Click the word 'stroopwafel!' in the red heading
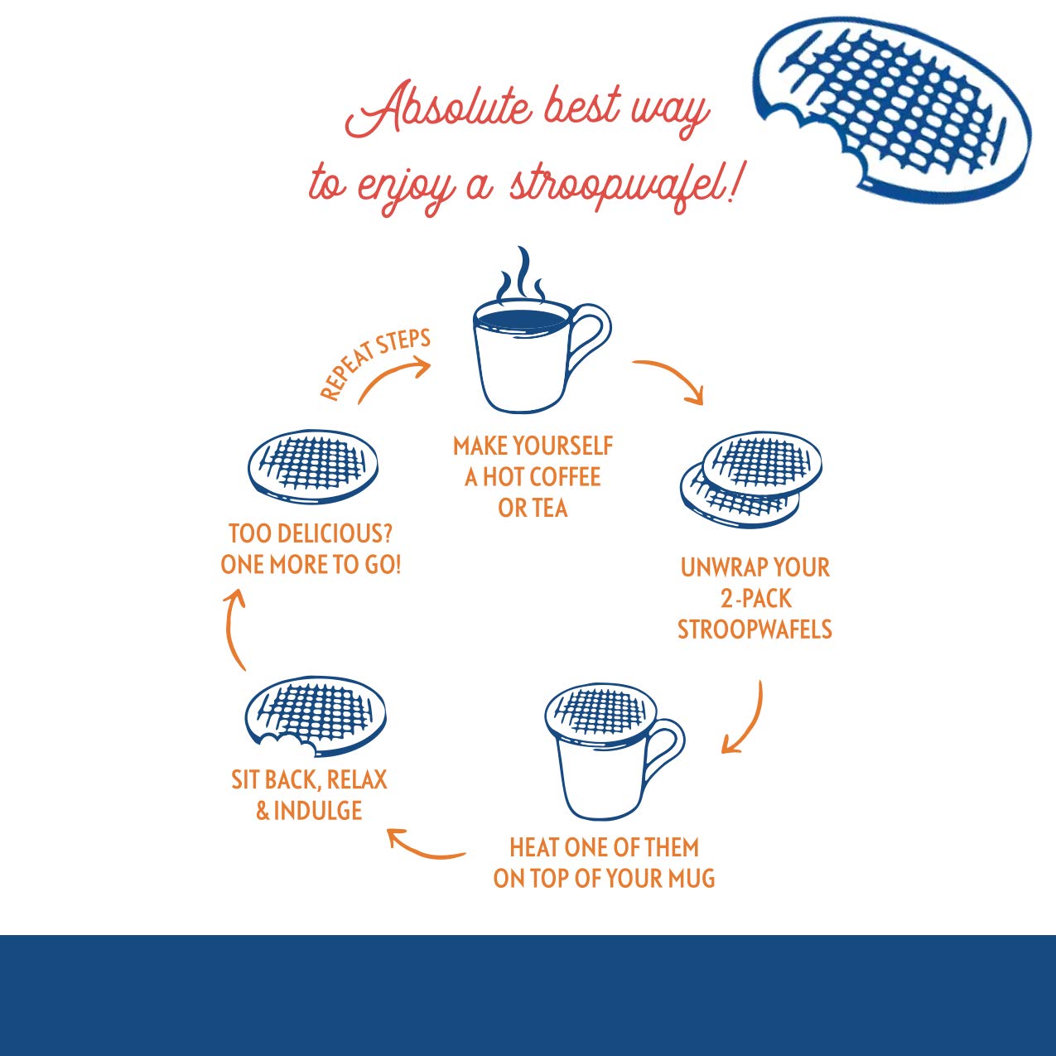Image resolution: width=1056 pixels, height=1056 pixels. click(621, 184)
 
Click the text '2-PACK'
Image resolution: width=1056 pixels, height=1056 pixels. click(755, 598)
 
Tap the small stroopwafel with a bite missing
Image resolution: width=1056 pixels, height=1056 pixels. click(316, 714)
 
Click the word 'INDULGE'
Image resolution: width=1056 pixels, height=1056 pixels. click(318, 811)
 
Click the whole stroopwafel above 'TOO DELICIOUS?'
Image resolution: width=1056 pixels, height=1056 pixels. click(313, 465)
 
